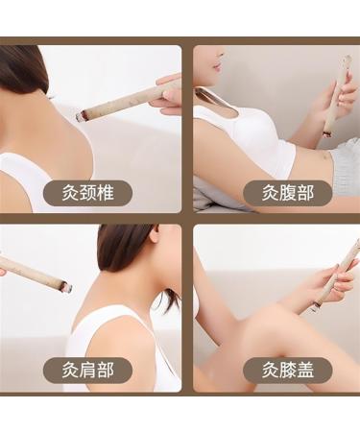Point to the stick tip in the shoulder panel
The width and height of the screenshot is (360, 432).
[64, 285]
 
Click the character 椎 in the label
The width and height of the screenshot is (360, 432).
[108, 192]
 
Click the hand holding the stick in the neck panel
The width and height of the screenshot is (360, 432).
[170, 91]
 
